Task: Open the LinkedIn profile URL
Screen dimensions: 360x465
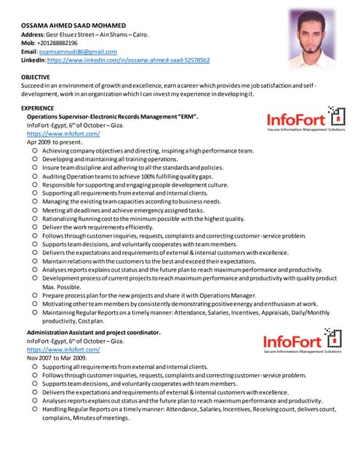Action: pos(128,60)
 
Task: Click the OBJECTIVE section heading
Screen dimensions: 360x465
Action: pos(36,76)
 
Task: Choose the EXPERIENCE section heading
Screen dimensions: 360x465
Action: pos(38,108)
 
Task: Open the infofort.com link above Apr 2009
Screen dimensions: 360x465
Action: pos(63,134)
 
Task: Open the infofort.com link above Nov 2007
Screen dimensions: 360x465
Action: pos(63,349)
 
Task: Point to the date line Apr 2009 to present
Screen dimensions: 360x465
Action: pos(55,142)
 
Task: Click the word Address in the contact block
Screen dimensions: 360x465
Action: pos(33,34)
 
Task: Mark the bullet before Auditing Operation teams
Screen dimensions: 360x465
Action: pos(35,177)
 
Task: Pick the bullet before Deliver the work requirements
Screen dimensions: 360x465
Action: pos(35,227)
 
